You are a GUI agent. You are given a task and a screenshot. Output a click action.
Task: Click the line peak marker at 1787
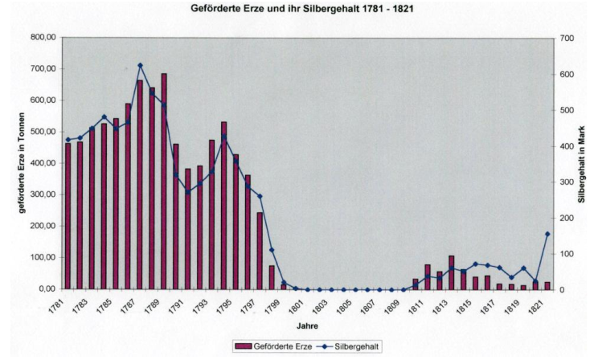coord(140,66)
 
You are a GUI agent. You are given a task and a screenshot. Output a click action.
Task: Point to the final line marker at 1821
coord(547,235)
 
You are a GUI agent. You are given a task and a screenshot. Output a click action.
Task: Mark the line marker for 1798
coord(260,196)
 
